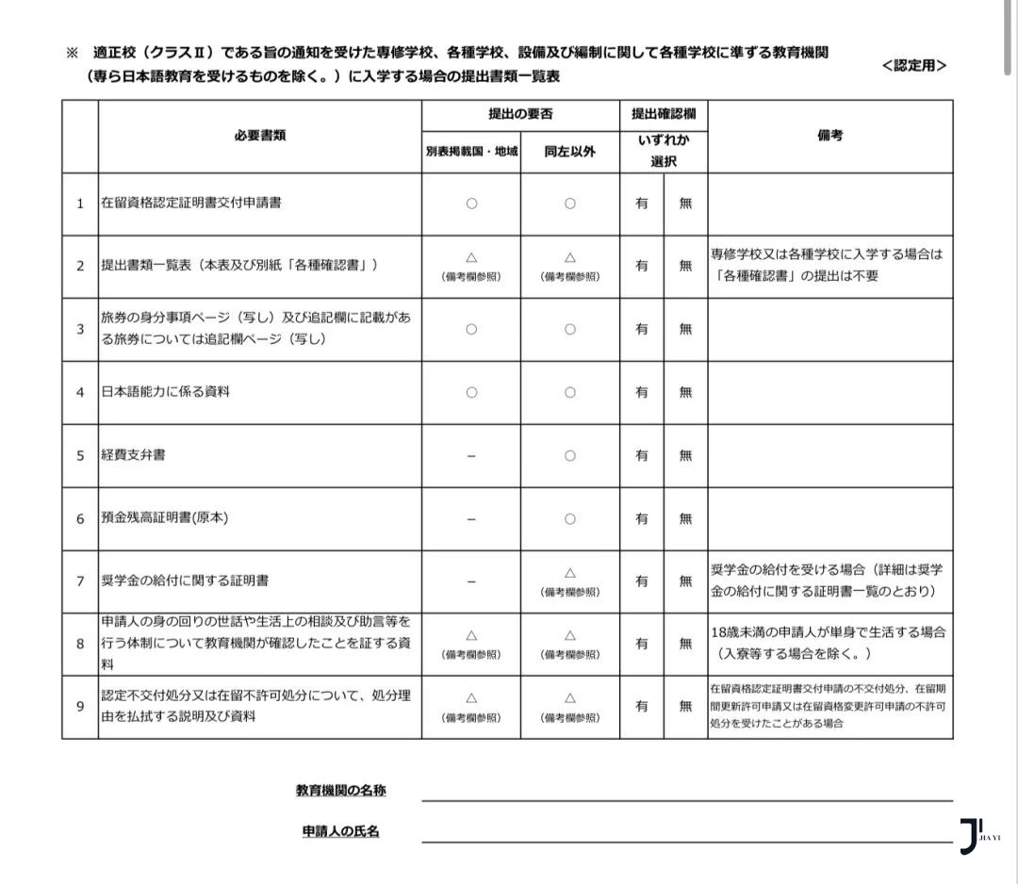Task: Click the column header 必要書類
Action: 259,135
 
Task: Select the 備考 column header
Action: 829,135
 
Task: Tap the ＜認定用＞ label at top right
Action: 913,65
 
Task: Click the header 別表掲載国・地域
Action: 471,151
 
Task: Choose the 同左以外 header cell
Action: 569,151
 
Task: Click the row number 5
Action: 80,455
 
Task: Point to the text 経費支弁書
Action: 133,454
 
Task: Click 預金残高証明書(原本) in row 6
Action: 165,517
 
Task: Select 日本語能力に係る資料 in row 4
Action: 165,391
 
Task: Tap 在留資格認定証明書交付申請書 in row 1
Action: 190,203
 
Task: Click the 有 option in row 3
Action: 642,329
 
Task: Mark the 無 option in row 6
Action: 685,518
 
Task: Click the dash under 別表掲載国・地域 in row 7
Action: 471,581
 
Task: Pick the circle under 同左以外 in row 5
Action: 569,455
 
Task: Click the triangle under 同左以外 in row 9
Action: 569,698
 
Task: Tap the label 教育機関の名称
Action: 340,791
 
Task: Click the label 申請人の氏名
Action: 340,831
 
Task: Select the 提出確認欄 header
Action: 664,114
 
